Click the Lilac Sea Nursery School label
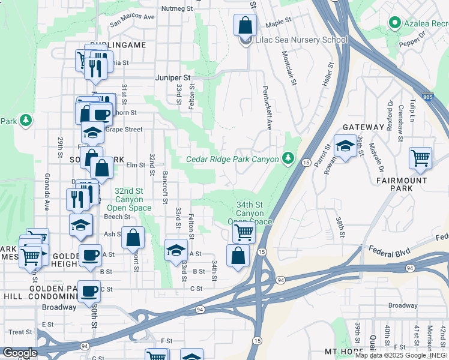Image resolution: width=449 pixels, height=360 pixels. click(301, 40)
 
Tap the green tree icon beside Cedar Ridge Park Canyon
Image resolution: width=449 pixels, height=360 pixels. click(289, 158)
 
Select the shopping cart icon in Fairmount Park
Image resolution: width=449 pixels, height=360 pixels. click(420, 158)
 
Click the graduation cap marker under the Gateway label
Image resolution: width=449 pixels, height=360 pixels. click(345, 146)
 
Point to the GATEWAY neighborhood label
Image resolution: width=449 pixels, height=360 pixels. click(363, 127)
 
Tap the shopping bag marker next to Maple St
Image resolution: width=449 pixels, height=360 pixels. click(245, 25)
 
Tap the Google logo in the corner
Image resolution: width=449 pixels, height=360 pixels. click(20, 353)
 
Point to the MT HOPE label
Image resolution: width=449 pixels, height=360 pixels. click(344, 350)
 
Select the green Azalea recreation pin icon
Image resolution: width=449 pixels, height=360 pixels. click(394, 23)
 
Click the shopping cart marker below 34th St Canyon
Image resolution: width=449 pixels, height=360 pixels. click(244, 232)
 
